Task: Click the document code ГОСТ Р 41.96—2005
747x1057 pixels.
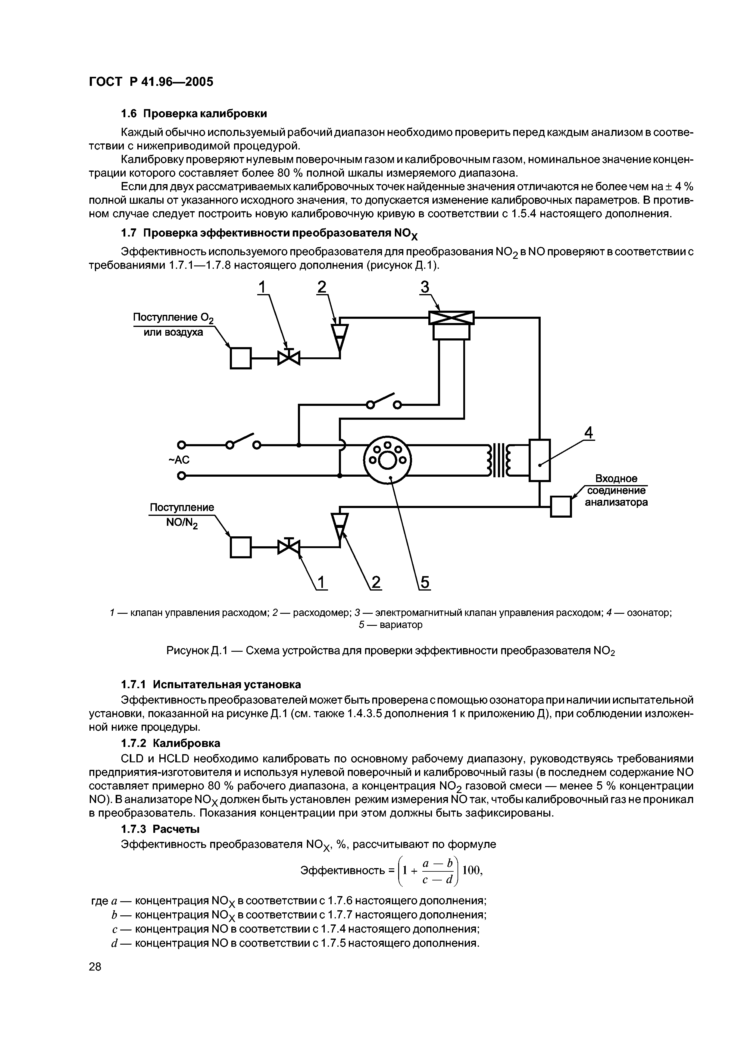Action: pyautogui.click(x=151, y=82)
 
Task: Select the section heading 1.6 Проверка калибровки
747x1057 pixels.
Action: pyautogui.click(x=194, y=113)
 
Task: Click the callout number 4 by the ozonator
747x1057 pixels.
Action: pyautogui.click(x=588, y=433)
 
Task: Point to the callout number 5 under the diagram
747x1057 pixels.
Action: pyautogui.click(x=424, y=583)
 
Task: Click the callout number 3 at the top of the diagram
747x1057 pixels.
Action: pyautogui.click(x=424, y=288)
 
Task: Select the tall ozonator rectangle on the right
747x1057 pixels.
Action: pyautogui.click(x=539, y=460)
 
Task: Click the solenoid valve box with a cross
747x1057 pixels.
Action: pyautogui.click(x=451, y=318)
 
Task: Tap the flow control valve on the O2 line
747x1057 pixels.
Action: pyautogui.click(x=289, y=358)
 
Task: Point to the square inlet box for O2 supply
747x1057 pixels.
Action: pyautogui.click(x=241, y=358)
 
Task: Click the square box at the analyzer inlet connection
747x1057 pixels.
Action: pyautogui.click(x=561, y=507)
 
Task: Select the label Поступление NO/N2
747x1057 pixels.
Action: pyautogui.click(x=182, y=515)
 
